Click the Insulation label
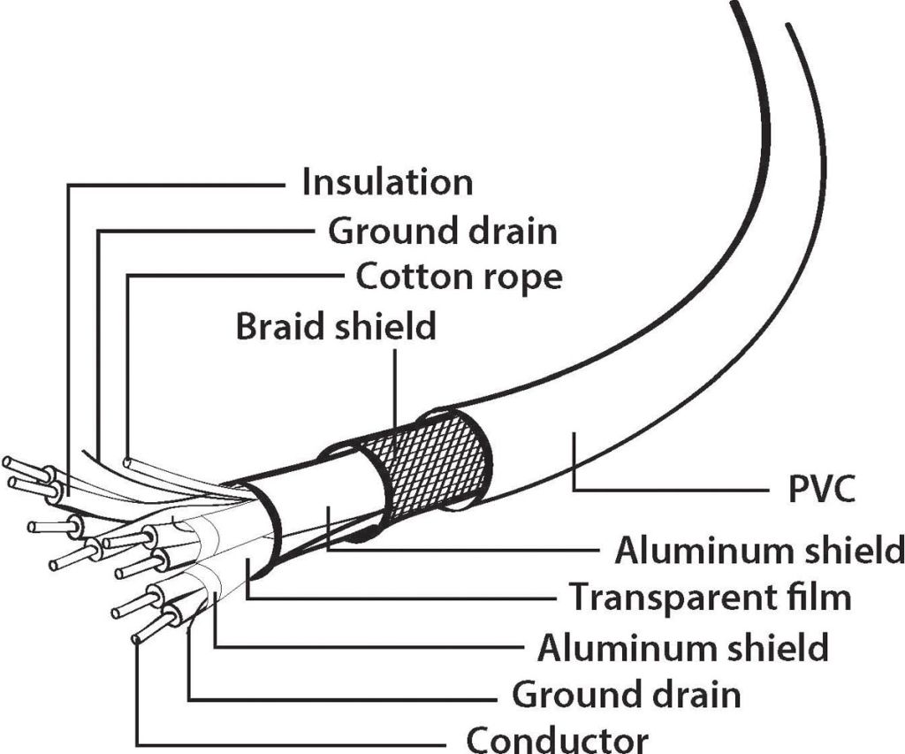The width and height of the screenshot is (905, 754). point(387,183)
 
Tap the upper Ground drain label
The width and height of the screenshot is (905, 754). point(443,232)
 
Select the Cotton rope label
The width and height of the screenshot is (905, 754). point(459,278)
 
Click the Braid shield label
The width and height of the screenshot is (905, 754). point(336,326)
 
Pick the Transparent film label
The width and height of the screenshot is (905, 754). point(709,597)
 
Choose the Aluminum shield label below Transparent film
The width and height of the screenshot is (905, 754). point(683,647)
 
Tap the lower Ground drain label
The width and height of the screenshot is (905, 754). point(627,694)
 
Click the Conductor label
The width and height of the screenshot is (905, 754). point(557,739)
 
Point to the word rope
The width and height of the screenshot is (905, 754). point(521,278)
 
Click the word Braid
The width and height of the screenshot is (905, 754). point(278,326)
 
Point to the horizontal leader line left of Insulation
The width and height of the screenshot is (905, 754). point(177,185)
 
